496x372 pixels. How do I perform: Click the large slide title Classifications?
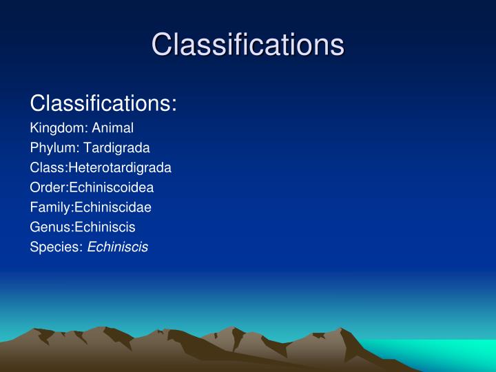click(x=247, y=44)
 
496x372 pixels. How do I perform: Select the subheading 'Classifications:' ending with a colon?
click(x=103, y=104)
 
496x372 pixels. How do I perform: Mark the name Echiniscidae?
click(x=113, y=207)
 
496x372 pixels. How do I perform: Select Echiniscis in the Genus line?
click(x=105, y=227)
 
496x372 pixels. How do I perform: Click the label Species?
click(x=53, y=247)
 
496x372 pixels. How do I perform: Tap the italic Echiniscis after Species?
click(x=118, y=247)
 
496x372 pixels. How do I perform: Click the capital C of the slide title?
click(x=163, y=45)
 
